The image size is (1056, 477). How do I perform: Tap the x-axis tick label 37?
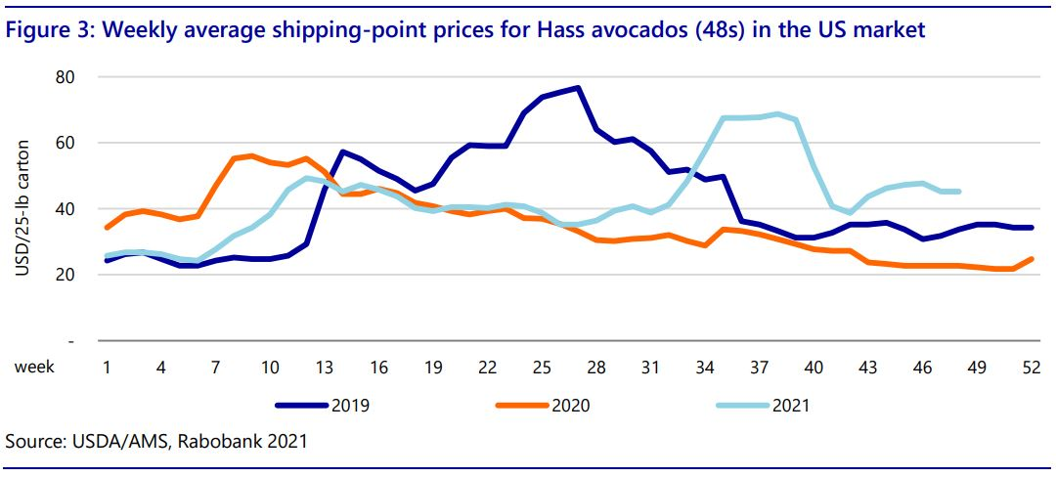point(759,367)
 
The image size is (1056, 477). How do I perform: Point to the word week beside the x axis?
point(33,367)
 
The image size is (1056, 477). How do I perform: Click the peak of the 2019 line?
point(578,88)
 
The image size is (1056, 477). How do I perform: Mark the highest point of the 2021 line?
point(778,114)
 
